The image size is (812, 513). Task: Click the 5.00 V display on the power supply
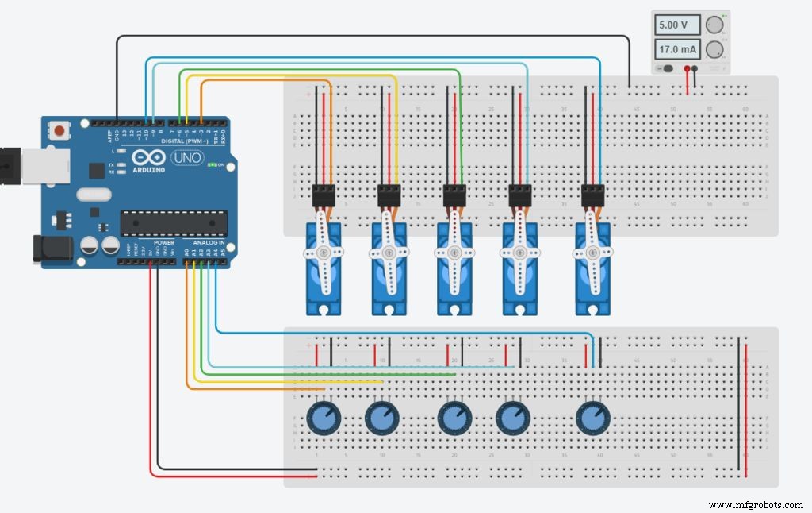tap(676, 25)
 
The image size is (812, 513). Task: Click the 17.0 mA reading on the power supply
tap(676, 50)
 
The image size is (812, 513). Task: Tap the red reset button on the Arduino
tap(59, 129)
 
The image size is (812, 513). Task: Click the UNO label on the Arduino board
tap(187, 157)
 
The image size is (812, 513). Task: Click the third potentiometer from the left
tap(454, 416)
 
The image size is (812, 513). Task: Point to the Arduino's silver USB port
tap(32, 164)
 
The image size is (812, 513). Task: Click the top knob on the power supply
tap(715, 25)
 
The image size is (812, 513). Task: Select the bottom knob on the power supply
tap(715, 50)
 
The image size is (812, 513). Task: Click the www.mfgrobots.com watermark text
tap(756, 504)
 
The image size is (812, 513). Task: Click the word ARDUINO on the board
tap(149, 169)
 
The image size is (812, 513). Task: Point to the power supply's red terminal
tap(686, 69)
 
